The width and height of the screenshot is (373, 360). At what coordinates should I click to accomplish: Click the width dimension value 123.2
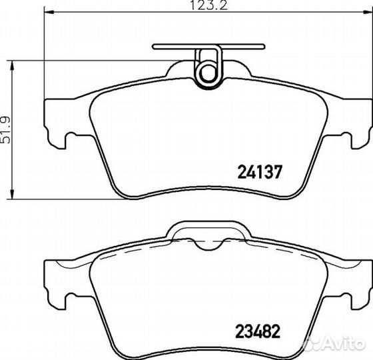[x=209, y=5]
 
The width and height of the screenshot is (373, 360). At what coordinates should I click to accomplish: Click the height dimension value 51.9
[x=5, y=130]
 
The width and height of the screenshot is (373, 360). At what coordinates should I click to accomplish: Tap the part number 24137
[x=260, y=172]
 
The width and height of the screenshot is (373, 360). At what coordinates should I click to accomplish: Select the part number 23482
[x=258, y=331]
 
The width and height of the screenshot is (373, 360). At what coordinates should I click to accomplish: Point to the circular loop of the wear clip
[x=208, y=73]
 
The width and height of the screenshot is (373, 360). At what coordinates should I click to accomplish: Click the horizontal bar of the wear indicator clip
[x=208, y=47]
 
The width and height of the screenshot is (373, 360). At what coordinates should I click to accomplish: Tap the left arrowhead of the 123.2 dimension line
[x=49, y=12]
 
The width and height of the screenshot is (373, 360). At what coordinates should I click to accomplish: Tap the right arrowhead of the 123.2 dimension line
[x=368, y=12]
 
